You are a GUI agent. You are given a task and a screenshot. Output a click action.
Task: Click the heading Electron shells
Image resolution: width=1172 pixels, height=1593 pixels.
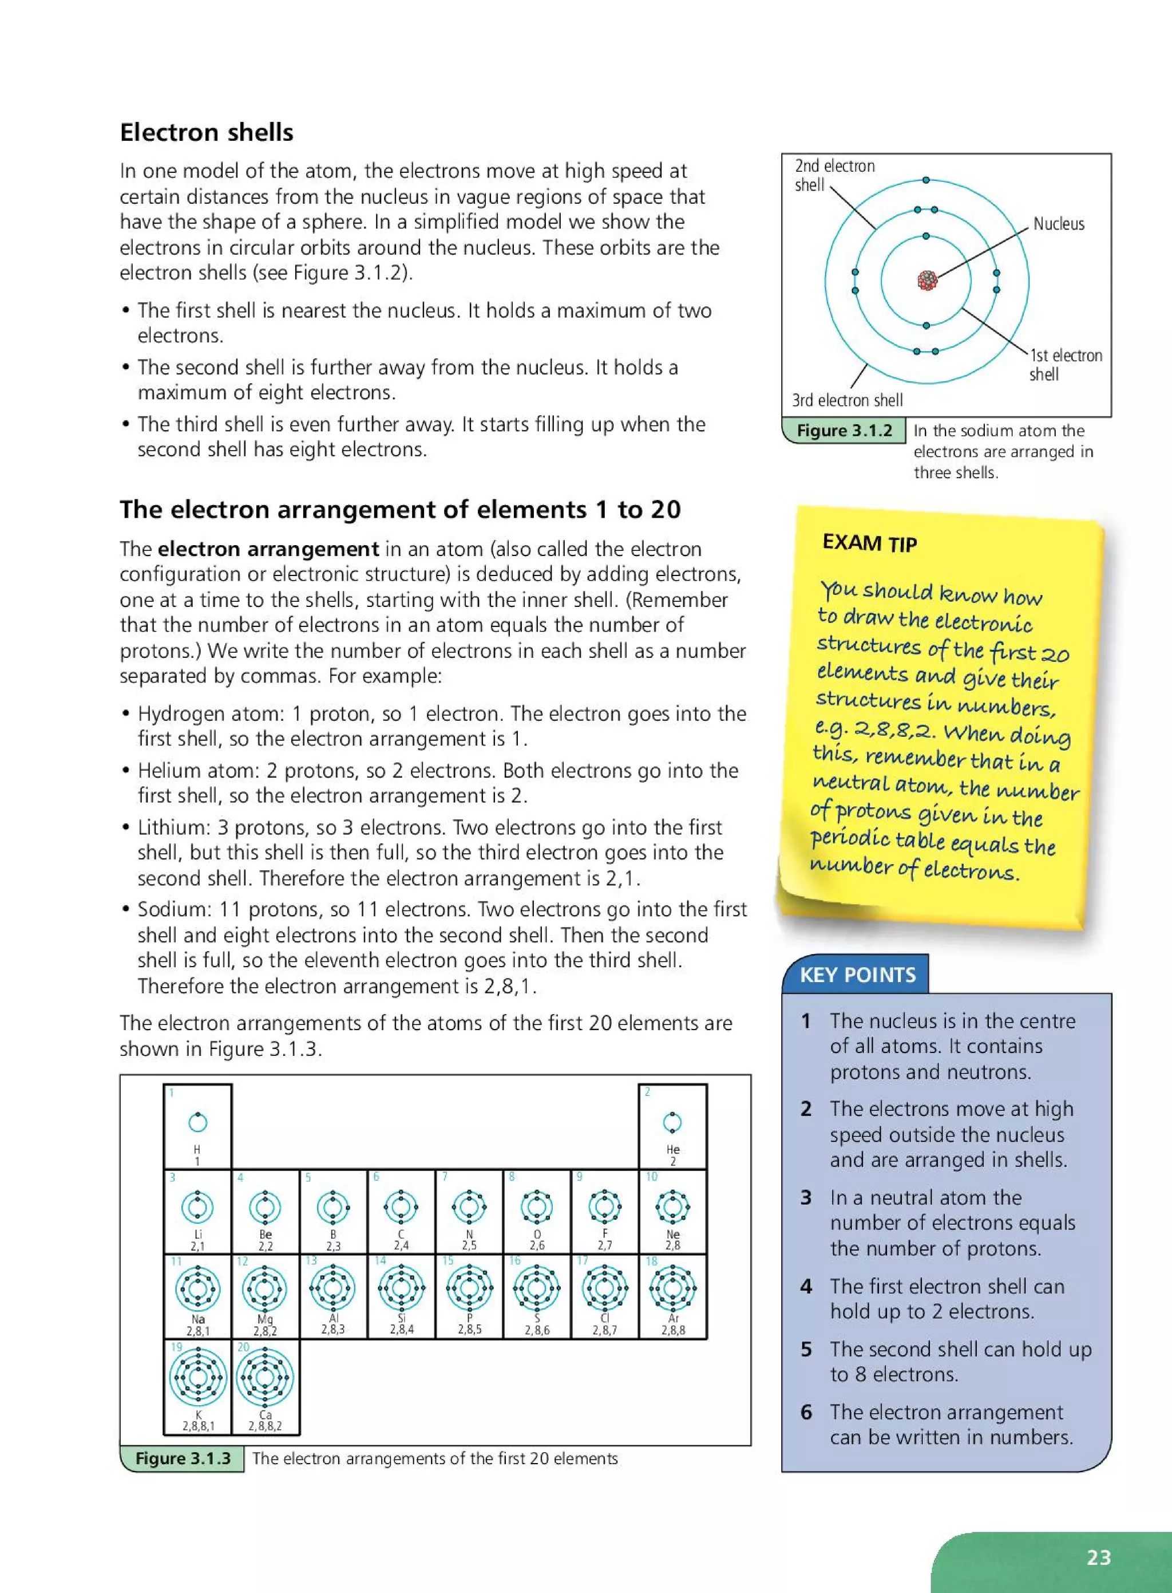coord(206,133)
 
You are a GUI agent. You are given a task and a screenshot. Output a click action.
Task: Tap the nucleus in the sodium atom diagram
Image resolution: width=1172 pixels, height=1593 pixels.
coord(926,281)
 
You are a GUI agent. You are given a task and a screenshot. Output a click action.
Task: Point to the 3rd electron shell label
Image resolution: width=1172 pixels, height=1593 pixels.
coord(847,400)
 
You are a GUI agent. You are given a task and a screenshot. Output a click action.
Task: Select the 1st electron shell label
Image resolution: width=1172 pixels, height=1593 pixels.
coord(1065,364)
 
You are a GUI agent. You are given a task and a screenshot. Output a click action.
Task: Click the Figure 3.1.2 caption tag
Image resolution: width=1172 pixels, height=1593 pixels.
coord(844,431)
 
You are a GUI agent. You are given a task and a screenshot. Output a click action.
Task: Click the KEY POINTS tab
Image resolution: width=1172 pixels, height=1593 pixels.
coord(857,975)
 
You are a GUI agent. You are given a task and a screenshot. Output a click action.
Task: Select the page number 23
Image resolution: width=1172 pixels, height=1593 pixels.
coord(1098,1557)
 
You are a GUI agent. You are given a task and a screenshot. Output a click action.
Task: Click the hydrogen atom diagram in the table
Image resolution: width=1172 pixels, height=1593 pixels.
coord(197,1122)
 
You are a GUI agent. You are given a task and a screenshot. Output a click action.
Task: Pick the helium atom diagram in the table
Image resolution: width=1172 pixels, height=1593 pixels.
coord(672,1122)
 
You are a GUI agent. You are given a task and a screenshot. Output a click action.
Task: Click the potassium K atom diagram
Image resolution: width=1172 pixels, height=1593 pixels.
coord(198,1377)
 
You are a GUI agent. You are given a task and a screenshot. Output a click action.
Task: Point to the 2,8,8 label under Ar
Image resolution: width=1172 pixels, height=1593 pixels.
coord(672,1330)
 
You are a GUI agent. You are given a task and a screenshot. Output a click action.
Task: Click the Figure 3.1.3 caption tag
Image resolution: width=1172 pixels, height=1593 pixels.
coord(183,1458)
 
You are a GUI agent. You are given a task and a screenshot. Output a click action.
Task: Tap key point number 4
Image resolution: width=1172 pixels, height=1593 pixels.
coord(806,1286)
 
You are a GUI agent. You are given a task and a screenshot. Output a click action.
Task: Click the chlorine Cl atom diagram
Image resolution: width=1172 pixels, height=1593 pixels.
coord(604,1288)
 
